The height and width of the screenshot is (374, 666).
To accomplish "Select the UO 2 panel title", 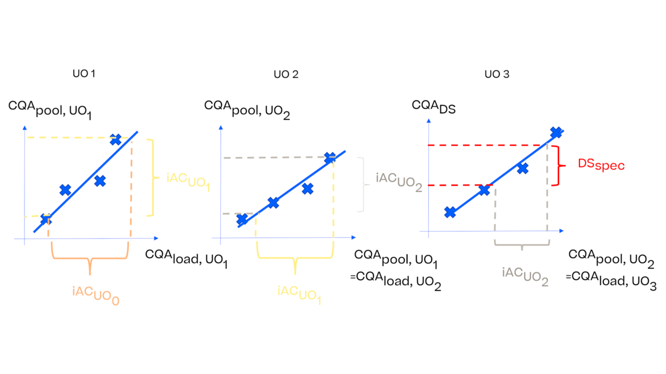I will click(286, 74).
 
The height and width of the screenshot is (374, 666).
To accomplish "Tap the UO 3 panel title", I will click(497, 74).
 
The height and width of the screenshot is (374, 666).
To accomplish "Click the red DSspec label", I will click(601, 165).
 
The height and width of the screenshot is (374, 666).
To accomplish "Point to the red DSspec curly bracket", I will click(563, 165).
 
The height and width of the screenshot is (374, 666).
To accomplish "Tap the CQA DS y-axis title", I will click(432, 106).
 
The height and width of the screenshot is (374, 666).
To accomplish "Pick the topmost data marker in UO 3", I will click(556, 133).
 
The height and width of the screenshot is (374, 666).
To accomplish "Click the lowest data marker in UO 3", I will click(450, 212).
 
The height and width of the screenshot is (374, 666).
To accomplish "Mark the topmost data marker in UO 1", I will click(115, 139).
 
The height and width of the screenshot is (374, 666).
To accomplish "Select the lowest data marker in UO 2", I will click(242, 219).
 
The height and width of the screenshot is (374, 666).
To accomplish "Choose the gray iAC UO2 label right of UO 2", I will click(399, 180).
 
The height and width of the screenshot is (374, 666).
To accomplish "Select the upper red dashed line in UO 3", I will click(491, 145).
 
